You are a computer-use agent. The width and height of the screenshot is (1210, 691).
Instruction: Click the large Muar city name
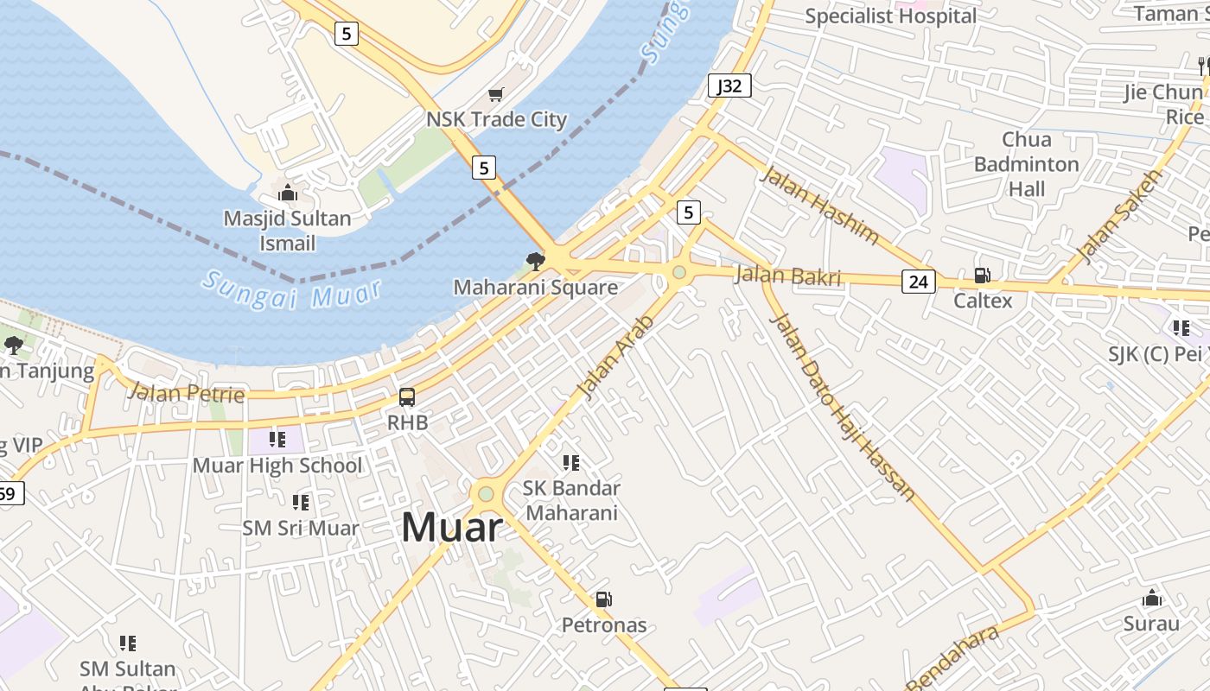coord(452,528)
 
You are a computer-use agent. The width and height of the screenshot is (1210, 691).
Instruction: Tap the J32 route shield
coord(729,86)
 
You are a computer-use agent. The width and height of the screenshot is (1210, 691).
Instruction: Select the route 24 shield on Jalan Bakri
coord(918,281)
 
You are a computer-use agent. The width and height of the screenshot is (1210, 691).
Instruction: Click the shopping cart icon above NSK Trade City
coord(495,94)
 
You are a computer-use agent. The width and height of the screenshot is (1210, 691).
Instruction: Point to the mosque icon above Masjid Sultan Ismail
coord(288,193)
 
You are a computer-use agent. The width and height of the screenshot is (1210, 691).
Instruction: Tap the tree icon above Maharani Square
coord(536,261)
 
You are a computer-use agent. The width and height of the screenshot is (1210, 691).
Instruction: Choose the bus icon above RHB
coord(407,397)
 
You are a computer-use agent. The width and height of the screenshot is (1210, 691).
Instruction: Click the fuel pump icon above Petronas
coord(604,599)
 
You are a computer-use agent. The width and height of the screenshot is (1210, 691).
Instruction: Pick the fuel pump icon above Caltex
coord(983,276)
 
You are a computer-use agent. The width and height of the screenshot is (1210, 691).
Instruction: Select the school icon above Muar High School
coord(277,440)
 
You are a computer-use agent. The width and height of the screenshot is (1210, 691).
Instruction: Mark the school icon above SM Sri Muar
coord(300,502)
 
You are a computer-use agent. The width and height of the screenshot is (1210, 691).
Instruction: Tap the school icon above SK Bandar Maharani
coord(571,463)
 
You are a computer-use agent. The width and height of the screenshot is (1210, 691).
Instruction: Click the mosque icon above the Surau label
coord(1151,598)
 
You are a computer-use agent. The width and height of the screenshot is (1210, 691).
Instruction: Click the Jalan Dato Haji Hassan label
coord(843,407)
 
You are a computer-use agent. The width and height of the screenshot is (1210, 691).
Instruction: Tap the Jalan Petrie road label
coord(186,393)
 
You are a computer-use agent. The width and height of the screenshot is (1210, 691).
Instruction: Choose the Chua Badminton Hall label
coord(1027,164)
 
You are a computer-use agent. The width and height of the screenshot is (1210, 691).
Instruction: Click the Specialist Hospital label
coord(890,16)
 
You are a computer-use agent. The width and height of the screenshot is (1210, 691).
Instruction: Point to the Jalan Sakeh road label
coord(1122,215)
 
